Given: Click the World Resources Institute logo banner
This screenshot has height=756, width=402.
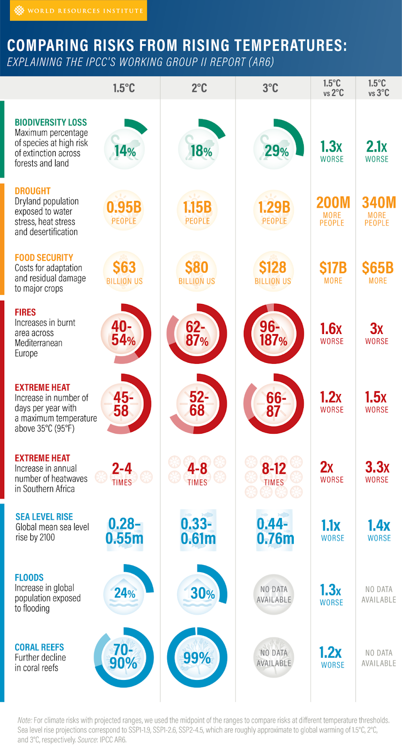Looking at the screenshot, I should (x=78, y=10).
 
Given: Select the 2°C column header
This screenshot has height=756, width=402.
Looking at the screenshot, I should (x=199, y=88).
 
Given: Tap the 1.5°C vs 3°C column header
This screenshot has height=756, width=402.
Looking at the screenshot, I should (x=378, y=88).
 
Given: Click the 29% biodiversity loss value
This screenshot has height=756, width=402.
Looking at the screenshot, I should (x=276, y=151).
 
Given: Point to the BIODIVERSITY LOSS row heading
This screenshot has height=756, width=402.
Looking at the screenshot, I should (x=51, y=122).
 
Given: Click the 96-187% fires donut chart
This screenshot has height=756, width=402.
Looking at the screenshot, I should (x=274, y=333).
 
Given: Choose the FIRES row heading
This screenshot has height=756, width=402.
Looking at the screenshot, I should (x=25, y=312).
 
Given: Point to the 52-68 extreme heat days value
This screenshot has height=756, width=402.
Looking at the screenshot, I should (x=197, y=404).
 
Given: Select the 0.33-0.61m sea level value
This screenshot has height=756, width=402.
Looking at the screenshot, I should (x=198, y=531).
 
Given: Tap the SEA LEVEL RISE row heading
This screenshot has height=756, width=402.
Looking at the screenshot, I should (x=44, y=517).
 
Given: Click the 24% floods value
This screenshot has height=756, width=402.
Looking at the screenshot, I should (x=125, y=593).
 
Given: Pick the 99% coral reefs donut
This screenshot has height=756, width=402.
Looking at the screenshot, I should (x=197, y=658).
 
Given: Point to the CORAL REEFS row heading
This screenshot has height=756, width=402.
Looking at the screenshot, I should (x=39, y=647).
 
